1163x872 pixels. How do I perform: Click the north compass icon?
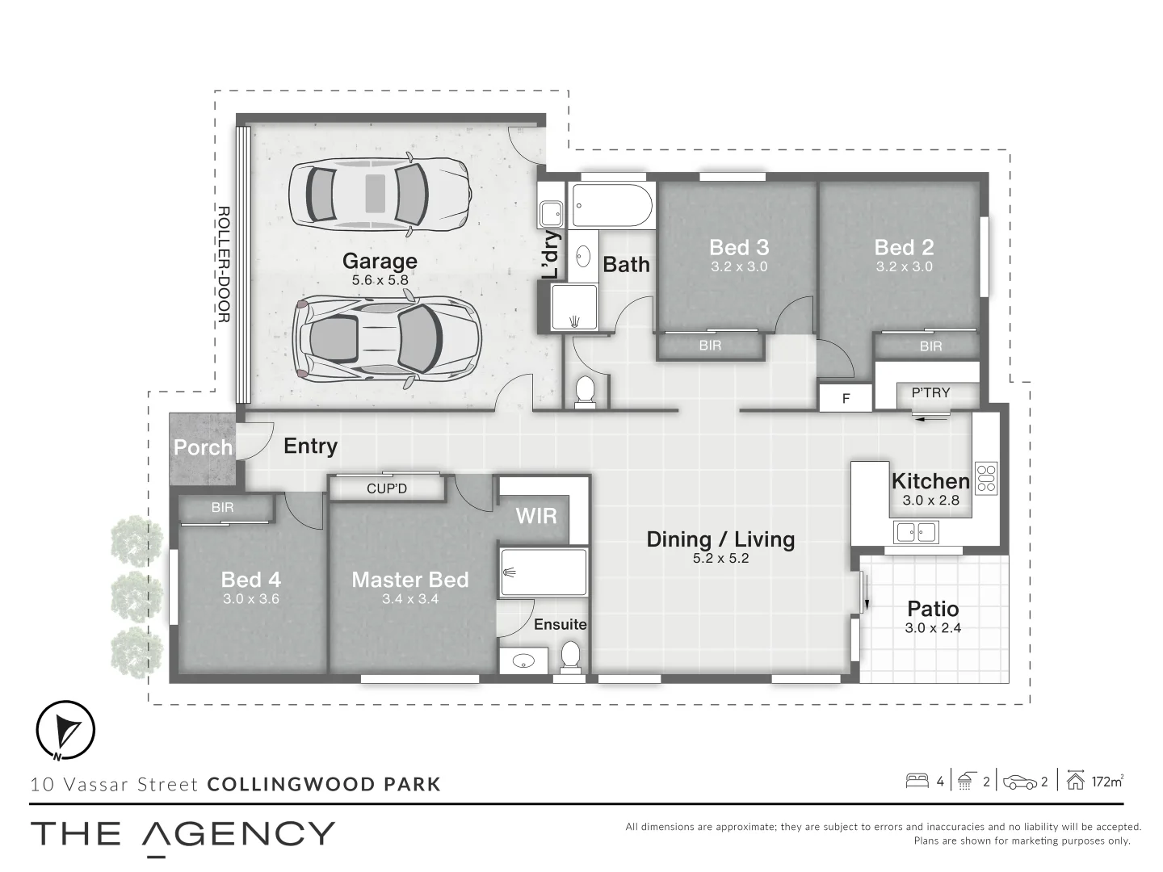(x=66, y=729)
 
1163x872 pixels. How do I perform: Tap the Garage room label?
(x=380, y=262)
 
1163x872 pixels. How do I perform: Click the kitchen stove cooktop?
(x=986, y=477)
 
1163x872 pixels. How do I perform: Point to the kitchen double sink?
(x=916, y=532)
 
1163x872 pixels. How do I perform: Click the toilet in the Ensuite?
(x=571, y=656)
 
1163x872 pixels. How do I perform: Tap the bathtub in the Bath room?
(x=612, y=206)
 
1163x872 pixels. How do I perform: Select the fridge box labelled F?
(x=846, y=398)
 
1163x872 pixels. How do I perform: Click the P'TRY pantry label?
(x=930, y=393)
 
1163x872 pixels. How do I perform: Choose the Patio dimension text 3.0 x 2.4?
(x=933, y=628)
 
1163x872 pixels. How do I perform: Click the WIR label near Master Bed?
(x=536, y=516)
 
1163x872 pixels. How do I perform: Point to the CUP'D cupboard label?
(x=387, y=488)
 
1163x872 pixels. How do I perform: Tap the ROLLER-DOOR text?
(x=224, y=264)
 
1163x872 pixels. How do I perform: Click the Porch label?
(x=203, y=447)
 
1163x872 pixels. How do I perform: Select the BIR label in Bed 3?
(x=710, y=346)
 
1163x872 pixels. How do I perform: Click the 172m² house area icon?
(x=1075, y=781)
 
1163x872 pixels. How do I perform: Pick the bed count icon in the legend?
(x=917, y=781)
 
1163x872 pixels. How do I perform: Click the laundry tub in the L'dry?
(x=552, y=214)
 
